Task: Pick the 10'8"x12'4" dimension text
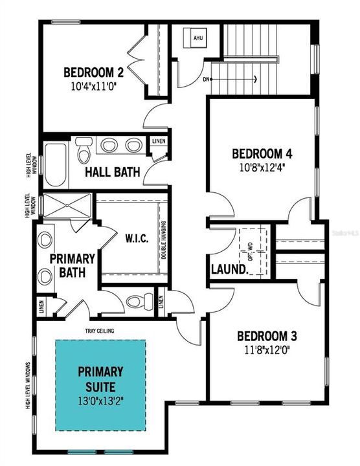262,166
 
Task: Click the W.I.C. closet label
137,238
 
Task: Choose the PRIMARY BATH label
73,265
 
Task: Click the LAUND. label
229,269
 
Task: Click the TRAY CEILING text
100,331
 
